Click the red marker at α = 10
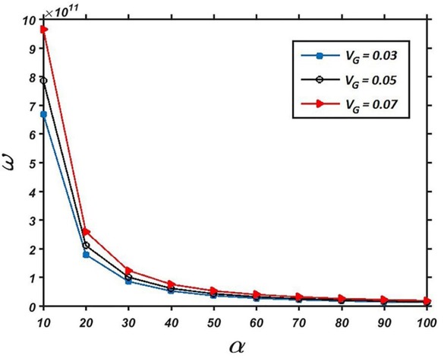tap(44, 29)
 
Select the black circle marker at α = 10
tap(44, 81)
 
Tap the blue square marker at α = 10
tap(44, 115)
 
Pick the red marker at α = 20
tap(87, 231)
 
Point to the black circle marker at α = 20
tap(87, 245)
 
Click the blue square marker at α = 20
tap(87, 255)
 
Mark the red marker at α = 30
tap(129, 270)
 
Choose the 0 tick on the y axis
tap(33, 306)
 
